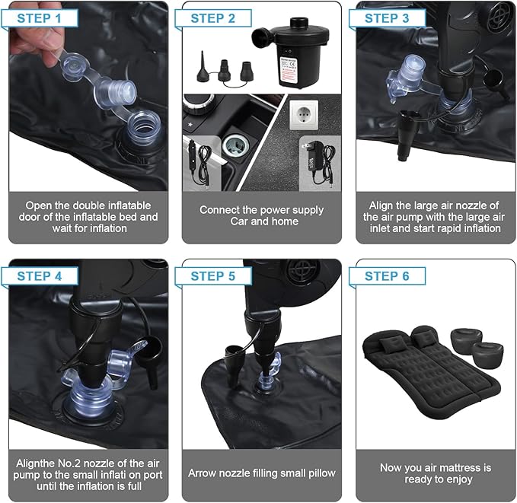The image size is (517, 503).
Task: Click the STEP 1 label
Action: point(40,18)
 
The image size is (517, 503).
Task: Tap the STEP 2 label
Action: point(213,18)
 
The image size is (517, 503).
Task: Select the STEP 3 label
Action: point(387,18)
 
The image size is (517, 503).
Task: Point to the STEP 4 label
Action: point(40,276)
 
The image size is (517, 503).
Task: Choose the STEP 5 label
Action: point(213,276)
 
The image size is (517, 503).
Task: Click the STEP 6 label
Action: point(387,276)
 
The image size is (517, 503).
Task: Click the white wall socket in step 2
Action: point(304,115)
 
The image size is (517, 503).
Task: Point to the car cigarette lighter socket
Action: point(235,145)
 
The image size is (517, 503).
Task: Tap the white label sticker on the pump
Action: point(288,71)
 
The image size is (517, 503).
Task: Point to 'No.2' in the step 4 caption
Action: point(69,463)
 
